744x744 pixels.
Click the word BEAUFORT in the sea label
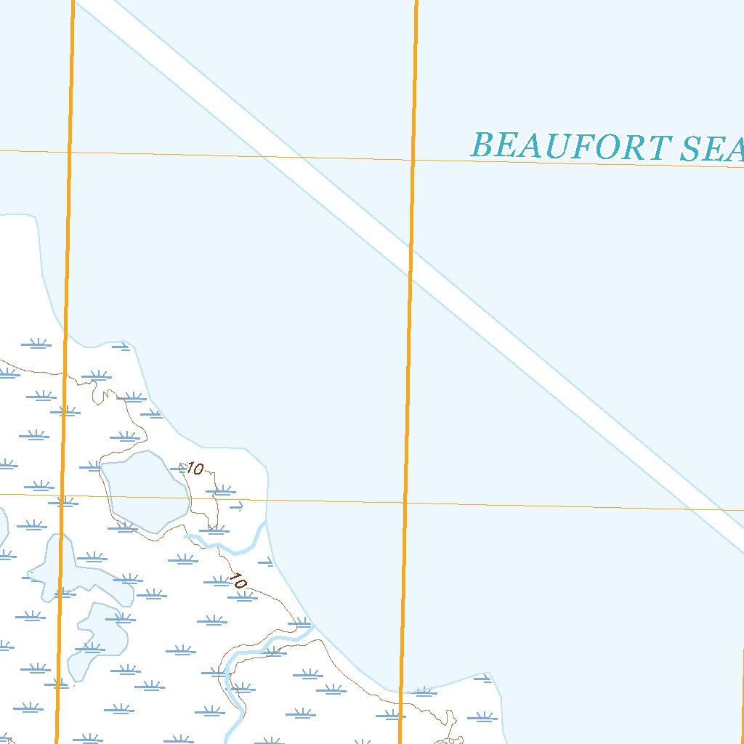coord(567,146)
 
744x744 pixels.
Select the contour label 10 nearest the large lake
coord(195,469)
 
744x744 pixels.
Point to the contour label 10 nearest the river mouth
coord(238,581)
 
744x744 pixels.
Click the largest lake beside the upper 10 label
coord(144,490)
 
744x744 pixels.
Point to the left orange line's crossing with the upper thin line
coord(70,152)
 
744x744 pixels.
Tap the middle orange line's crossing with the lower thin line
coord(405,503)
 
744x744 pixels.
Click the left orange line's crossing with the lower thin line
coord(62,496)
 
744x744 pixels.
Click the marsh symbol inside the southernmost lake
coord(92,647)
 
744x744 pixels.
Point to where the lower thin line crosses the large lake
coord(145,498)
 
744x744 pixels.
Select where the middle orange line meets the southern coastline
coord(400,692)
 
